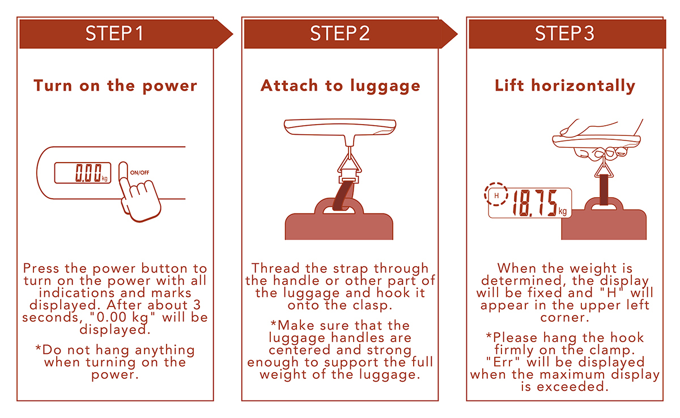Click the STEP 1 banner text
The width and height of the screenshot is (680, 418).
coord(114,33)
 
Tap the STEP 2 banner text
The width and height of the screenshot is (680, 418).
coord(339,33)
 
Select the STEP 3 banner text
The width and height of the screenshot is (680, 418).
coord(564,33)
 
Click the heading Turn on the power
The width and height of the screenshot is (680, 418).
coord(116,86)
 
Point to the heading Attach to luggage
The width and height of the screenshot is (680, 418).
coord(341,86)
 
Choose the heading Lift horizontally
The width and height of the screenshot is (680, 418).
coord(565,86)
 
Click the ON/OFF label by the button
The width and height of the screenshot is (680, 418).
coord(139,173)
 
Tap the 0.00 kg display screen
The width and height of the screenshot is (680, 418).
coord(83,173)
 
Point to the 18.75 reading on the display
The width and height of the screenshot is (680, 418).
coord(535,203)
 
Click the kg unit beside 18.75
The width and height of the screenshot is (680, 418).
coord(563,211)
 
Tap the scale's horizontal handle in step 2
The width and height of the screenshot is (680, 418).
coord(340,126)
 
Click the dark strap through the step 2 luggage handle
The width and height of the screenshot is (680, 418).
coord(343,195)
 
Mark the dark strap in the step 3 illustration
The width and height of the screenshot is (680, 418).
coord(604,190)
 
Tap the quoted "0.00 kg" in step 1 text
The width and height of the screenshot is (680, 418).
coord(122,317)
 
